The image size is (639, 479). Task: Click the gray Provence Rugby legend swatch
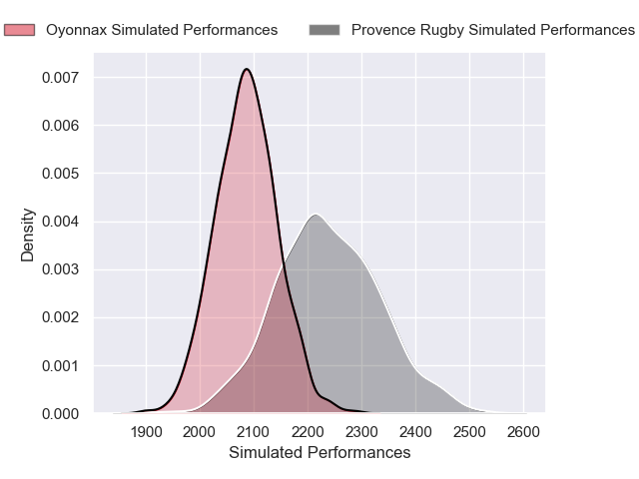(x=324, y=30)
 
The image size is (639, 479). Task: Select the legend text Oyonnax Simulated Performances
(x=162, y=30)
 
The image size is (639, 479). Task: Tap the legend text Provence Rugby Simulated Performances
(x=493, y=30)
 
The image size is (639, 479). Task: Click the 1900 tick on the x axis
(x=147, y=432)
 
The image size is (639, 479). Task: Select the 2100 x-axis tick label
(x=255, y=432)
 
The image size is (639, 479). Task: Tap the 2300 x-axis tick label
(x=362, y=432)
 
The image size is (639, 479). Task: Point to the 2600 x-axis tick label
(x=524, y=432)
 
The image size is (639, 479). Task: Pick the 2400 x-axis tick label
(x=416, y=432)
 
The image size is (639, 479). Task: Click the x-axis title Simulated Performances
(x=319, y=453)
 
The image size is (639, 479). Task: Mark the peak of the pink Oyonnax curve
(x=246, y=69)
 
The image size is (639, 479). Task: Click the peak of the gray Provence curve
(x=315, y=215)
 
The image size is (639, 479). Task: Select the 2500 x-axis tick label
(x=470, y=432)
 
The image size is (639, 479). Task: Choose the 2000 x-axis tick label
(x=201, y=432)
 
